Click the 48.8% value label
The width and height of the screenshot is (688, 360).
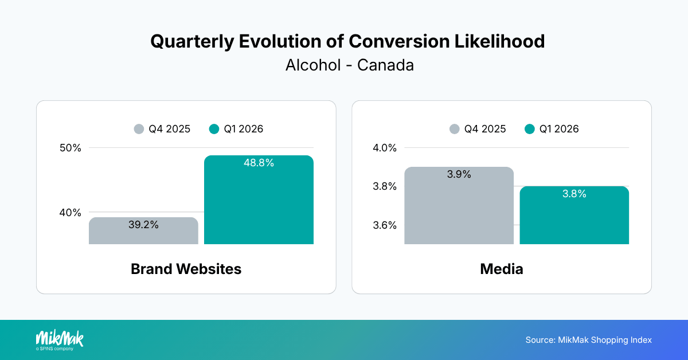259,163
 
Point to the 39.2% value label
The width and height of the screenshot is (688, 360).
143,225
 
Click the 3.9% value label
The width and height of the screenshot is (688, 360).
459,174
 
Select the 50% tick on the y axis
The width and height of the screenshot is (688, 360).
71,148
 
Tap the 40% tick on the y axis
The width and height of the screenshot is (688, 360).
71,213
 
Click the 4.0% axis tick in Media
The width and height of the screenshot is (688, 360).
385,148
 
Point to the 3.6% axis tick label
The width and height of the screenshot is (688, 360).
385,225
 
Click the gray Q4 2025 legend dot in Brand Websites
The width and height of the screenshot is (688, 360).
139,129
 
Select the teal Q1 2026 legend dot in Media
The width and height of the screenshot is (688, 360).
530,129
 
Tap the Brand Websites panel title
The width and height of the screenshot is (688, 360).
186,269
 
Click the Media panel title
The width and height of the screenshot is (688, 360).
501,269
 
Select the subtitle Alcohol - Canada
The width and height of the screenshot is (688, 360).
349,65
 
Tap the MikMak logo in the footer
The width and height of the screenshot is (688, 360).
59,339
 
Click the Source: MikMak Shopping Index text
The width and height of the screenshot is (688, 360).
588,340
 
